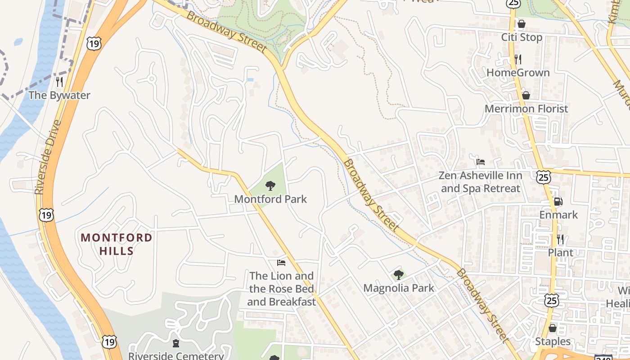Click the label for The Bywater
click(59, 95)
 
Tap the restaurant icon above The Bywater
click(59, 81)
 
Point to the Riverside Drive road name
click(48, 157)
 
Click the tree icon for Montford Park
click(270, 185)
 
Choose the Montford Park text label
click(270, 199)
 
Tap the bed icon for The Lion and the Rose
click(281, 262)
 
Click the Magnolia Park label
click(398, 288)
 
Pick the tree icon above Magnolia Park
click(398, 274)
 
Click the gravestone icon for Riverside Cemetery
click(175, 343)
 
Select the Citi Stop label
click(522, 37)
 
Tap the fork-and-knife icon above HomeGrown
click(518, 59)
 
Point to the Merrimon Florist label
click(526, 109)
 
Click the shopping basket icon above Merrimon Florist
click(526, 95)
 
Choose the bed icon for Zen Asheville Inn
click(481, 162)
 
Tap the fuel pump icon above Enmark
click(558, 202)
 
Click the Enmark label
click(558, 215)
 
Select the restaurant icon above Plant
click(560, 239)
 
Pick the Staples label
click(553, 342)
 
